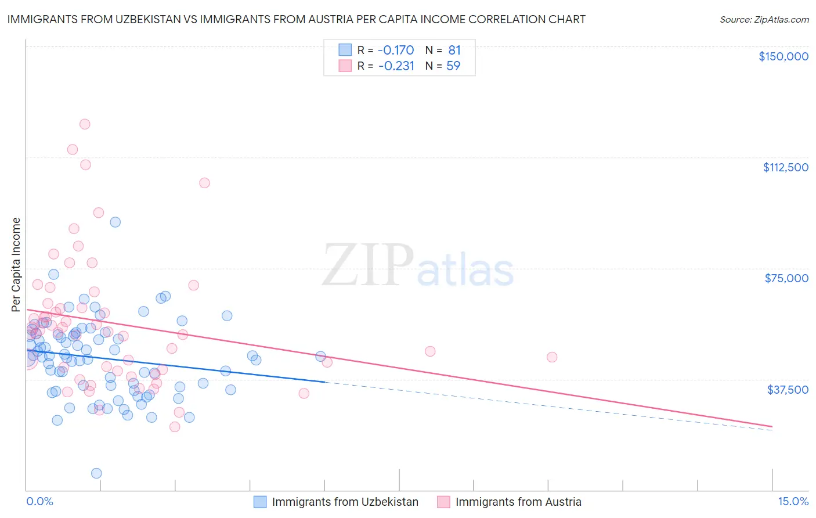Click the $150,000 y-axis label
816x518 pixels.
[x=783, y=56]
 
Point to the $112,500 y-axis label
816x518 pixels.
[x=785, y=167]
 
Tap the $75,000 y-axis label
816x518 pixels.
[x=786, y=278]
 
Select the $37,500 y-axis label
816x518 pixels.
[x=788, y=390]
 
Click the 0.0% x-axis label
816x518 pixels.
[x=39, y=502]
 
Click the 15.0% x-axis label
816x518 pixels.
[x=793, y=502]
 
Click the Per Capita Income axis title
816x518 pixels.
[x=16, y=265]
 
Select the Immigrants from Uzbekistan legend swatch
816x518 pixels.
[x=260, y=502]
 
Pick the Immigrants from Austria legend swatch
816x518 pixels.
[x=443, y=502]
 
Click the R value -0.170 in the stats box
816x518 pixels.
[x=396, y=51]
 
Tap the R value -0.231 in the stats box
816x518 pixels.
[x=396, y=66]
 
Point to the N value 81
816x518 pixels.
[x=454, y=51]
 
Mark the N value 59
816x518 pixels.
[x=453, y=66]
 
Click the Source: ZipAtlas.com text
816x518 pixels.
[x=764, y=20]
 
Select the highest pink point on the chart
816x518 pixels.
[x=85, y=124]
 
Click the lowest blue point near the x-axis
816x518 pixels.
[x=96, y=473]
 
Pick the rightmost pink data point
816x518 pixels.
[x=552, y=357]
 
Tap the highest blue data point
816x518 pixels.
[x=115, y=222]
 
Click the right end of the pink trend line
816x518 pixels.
[x=772, y=427]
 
